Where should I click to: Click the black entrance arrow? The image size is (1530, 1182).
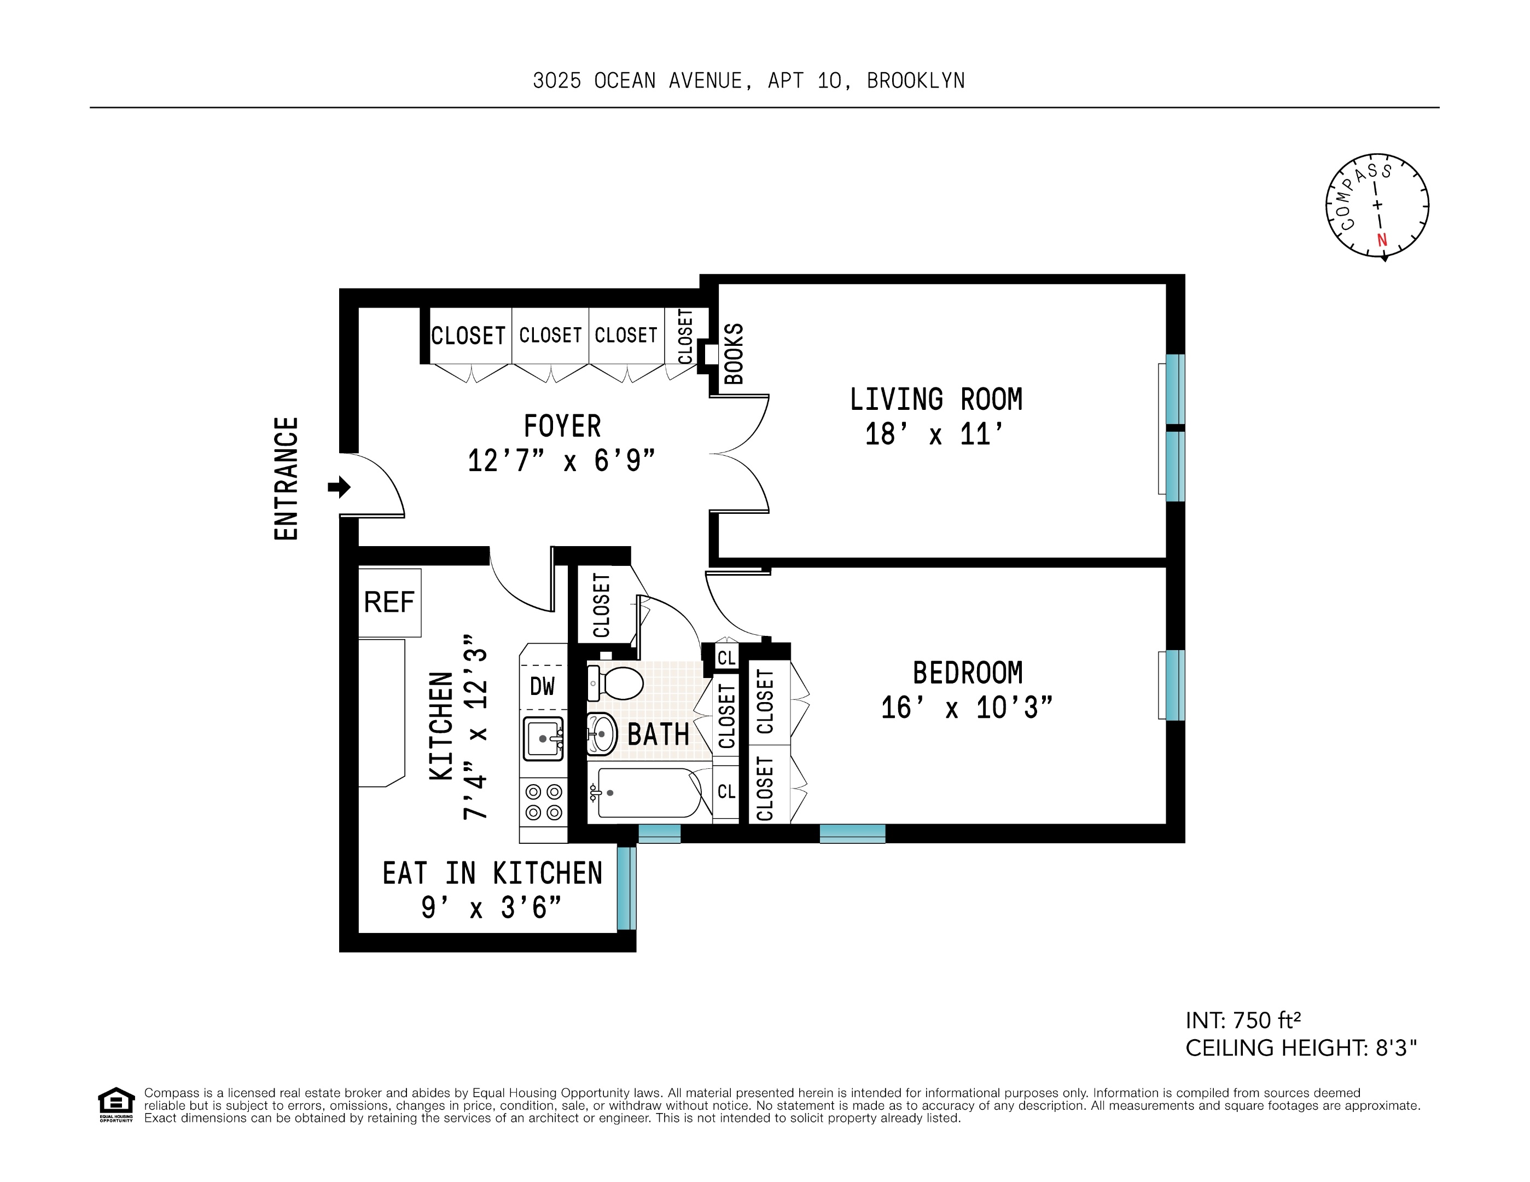pyautogui.click(x=340, y=486)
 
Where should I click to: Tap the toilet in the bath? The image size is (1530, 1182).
pyautogui.click(x=617, y=682)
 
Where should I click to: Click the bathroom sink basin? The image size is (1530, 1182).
pyautogui.click(x=601, y=734)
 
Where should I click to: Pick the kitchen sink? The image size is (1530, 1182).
pyautogui.click(x=543, y=738)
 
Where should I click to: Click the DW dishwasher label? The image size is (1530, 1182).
pyautogui.click(x=542, y=686)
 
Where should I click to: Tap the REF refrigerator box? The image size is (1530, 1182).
pyautogui.click(x=389, y=602)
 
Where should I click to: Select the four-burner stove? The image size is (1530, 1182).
pyautogui.click(x=544, y=802)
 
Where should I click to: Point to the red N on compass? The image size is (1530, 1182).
pyautogui.click(x=1381, y=240)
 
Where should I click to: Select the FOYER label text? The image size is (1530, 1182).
pyautogui.click(x=562, y=426)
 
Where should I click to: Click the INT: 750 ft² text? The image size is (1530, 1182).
pyautogui.click(x=1243, y=1020)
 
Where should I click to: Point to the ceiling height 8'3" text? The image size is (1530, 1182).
pyautogui.click(x=1300, y=1048)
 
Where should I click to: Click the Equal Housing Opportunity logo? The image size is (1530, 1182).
pyautogui.click(x=115, y=1104)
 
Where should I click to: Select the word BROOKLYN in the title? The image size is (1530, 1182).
pyautogui.click(x=916, y=82)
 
